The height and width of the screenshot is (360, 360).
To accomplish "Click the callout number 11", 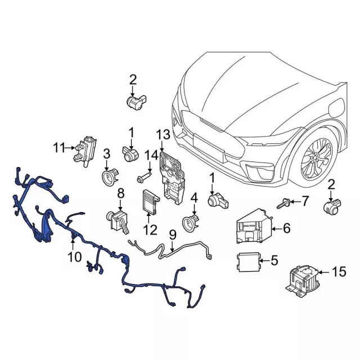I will tap(60, 148).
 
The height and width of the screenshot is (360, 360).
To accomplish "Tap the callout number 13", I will tap(163, 134).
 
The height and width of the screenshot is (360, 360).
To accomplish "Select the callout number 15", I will tap(338, 273).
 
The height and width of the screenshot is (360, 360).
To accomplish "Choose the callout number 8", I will tap(120, 194).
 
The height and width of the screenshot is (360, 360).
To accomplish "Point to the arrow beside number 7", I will tap(296, 201).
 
